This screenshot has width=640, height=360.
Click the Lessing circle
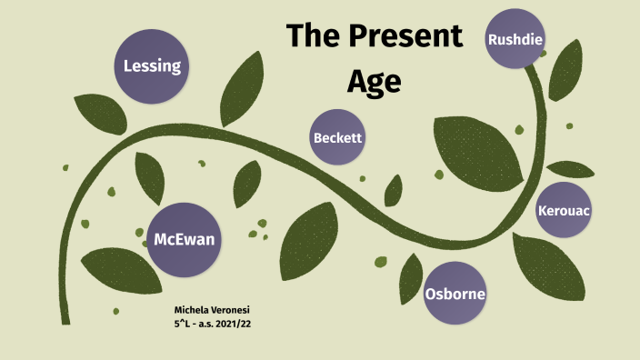click(153, 65)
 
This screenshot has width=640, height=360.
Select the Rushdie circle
click(515, 38)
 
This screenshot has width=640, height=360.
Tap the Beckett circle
click(338, 138)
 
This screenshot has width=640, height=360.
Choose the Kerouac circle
click(564, 210)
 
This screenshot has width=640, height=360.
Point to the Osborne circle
click(455, 294)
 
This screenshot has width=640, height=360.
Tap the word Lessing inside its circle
click(153, 66)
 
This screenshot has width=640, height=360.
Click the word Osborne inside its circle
click(455, 295)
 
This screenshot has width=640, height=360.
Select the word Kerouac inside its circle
click(564, 211)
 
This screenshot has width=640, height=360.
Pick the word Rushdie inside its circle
click(515, 39)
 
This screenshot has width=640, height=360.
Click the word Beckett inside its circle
click(338, 139)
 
